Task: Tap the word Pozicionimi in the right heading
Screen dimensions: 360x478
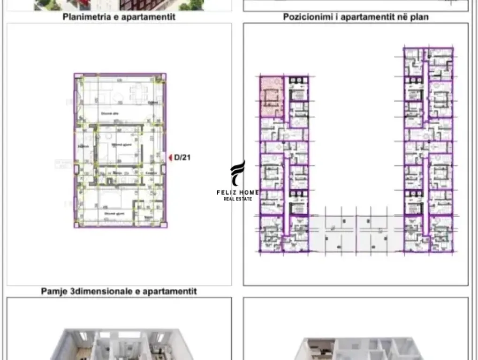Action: pos(305,17)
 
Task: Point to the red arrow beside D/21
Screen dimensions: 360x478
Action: pos(170,158)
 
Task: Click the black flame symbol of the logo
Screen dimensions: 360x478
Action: pos(238,173)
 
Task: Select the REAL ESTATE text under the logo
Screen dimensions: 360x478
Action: pos(237,199)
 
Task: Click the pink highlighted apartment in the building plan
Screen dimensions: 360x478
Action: pos(271,97)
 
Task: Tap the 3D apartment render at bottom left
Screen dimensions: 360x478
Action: pos(119,345)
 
